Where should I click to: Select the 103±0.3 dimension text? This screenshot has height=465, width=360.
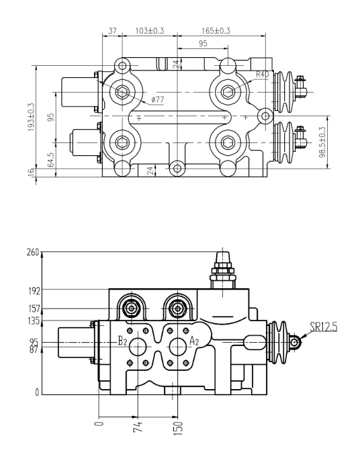[x=150, y=31]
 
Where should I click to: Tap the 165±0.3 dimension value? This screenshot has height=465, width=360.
[x=216, y=31]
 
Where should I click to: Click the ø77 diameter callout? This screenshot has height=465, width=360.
[x=158, y=99]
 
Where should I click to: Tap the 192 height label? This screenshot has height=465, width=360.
[x=34, y=291]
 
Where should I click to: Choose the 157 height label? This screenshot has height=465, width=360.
[x=34, y=308]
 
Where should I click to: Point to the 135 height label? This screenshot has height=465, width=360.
[x=34, y=321]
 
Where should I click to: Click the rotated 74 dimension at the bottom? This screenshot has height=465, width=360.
[x=138, y=425]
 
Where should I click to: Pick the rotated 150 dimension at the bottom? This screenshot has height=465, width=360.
[x=178, y=427]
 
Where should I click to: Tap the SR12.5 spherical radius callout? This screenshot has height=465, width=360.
[x=322, y=327]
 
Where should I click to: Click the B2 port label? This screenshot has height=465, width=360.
[x=122, y=341]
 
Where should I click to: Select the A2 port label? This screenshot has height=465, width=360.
[x=194, y=341]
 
